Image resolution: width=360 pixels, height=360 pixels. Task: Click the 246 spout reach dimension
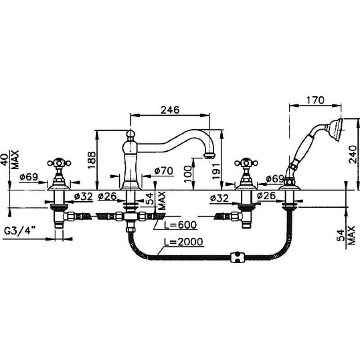pos(170,110)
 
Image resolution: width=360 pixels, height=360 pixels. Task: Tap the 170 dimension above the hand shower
pos(315,100)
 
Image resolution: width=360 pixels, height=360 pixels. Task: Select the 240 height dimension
pos(353,154)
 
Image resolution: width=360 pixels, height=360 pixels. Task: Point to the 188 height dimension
pos(92,160)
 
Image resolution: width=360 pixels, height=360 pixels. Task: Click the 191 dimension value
pos(216,171)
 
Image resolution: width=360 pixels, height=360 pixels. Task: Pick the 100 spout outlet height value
pos(188,174)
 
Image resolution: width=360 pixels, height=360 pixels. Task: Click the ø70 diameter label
pos(163,171)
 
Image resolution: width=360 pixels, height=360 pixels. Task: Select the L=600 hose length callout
pos(180,225)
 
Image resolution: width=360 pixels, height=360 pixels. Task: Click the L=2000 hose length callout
pos(184,242)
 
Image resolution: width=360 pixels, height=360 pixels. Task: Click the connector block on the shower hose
pos(238,257)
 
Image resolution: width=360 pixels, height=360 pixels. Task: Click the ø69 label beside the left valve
pos(29,177)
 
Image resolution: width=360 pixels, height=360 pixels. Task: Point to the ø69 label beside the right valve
pos(275,179)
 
